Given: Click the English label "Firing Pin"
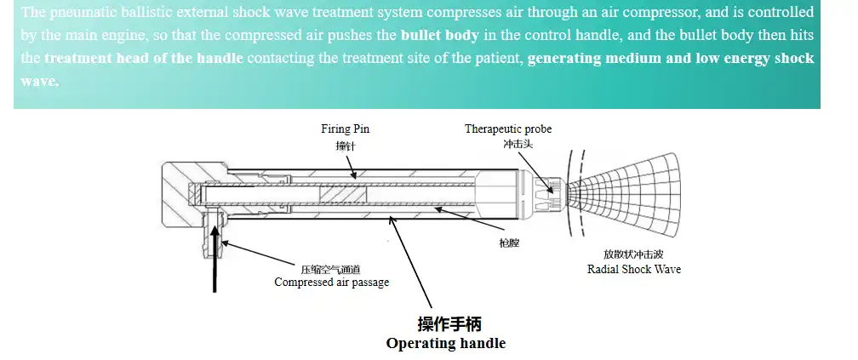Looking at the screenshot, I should [345, 129].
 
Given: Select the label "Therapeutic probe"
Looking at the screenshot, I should [507, 129].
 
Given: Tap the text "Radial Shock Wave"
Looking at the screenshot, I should [634, 269].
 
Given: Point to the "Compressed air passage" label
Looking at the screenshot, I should [331, 282].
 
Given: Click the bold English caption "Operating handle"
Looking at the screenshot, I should [445, 344].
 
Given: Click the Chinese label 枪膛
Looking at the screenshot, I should [509, 243].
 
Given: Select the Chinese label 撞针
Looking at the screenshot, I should [344, 146].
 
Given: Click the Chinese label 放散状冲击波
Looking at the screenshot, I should [633, 254].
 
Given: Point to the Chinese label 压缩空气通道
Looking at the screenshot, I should [330, 267].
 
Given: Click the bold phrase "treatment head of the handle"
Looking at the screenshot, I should [143, 59].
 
